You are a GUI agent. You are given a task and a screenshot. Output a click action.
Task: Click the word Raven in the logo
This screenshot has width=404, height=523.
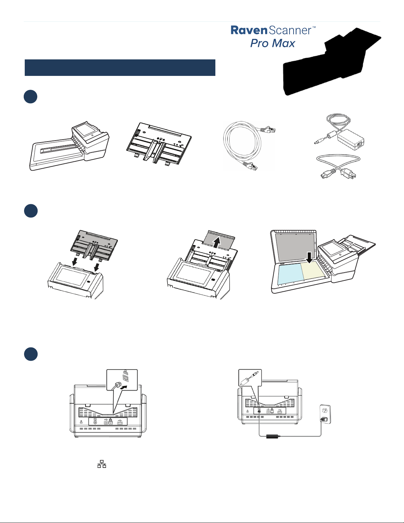pos(249,30)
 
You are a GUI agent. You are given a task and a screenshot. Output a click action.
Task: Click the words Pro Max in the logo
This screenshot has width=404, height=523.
pos(272,43)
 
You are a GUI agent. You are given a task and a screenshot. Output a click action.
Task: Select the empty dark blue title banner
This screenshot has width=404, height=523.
pos(120,68)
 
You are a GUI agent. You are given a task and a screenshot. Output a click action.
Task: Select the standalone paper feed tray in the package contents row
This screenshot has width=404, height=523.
pos(159,143)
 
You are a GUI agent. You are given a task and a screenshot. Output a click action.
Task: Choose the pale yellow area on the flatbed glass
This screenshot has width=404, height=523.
pos(312,271)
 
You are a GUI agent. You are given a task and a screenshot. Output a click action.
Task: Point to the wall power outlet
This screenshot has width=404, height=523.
pos(325,414)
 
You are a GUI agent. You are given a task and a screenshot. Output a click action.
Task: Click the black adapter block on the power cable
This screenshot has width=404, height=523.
pos(272,436)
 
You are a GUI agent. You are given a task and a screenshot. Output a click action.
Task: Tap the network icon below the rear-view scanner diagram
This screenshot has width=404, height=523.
pos(102,464)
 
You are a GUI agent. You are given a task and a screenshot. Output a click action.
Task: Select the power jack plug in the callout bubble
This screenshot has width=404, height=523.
pos(249,377)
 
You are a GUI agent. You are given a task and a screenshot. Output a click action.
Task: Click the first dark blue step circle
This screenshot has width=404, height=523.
pos(31,96)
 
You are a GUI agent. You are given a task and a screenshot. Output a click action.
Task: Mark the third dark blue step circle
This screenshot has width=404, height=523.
pos(31,354)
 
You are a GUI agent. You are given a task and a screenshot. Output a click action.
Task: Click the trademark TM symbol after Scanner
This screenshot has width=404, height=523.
pos(314,27)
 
